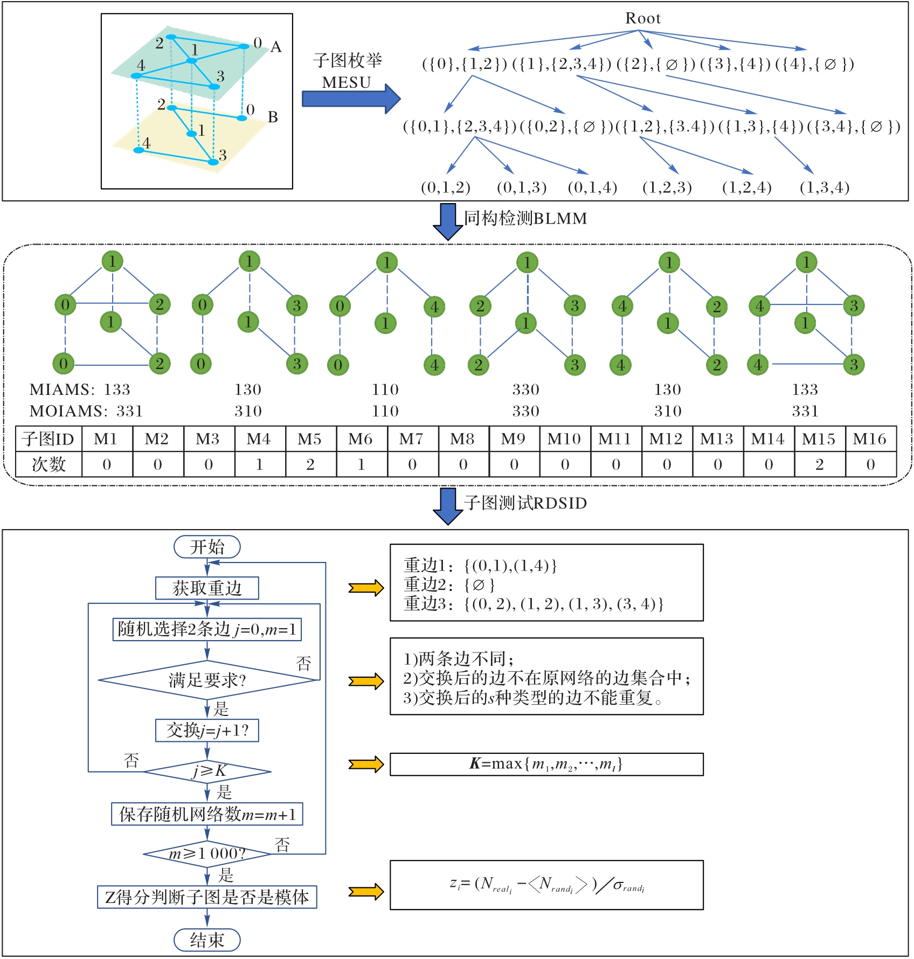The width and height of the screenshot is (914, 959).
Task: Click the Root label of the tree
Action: point(642,18)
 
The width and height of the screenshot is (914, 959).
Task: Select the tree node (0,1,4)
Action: point(592,187)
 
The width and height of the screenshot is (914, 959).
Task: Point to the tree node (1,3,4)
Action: point(825,187)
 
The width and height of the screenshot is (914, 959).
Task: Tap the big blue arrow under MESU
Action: point(351,99)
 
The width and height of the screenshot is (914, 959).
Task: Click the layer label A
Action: point(276,47)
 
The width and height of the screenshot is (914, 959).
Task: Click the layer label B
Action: point(273,117)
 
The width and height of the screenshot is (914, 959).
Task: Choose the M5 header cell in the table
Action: point(310,439)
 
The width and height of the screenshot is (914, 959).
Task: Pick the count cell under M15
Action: point(819,464)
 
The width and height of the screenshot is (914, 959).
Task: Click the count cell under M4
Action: point(259,464)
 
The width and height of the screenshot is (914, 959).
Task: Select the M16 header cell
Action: point(870,439)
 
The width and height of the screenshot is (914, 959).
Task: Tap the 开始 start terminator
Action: point(207,547)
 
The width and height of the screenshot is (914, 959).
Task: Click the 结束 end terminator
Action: point(207,940)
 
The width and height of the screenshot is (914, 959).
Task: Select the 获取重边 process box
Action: point(207,588)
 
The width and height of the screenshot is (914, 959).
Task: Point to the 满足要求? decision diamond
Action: point(207,680)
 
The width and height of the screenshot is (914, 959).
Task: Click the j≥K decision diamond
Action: point(207,772)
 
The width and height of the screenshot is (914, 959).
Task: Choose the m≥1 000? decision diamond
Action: point(207,853)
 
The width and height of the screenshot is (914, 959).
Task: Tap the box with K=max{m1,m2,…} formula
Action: point(546,764)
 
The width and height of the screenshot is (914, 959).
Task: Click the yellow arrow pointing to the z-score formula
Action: point(365,892)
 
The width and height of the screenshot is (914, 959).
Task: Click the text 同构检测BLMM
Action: point(525,218)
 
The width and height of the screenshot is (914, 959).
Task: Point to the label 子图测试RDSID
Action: point(525,503)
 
